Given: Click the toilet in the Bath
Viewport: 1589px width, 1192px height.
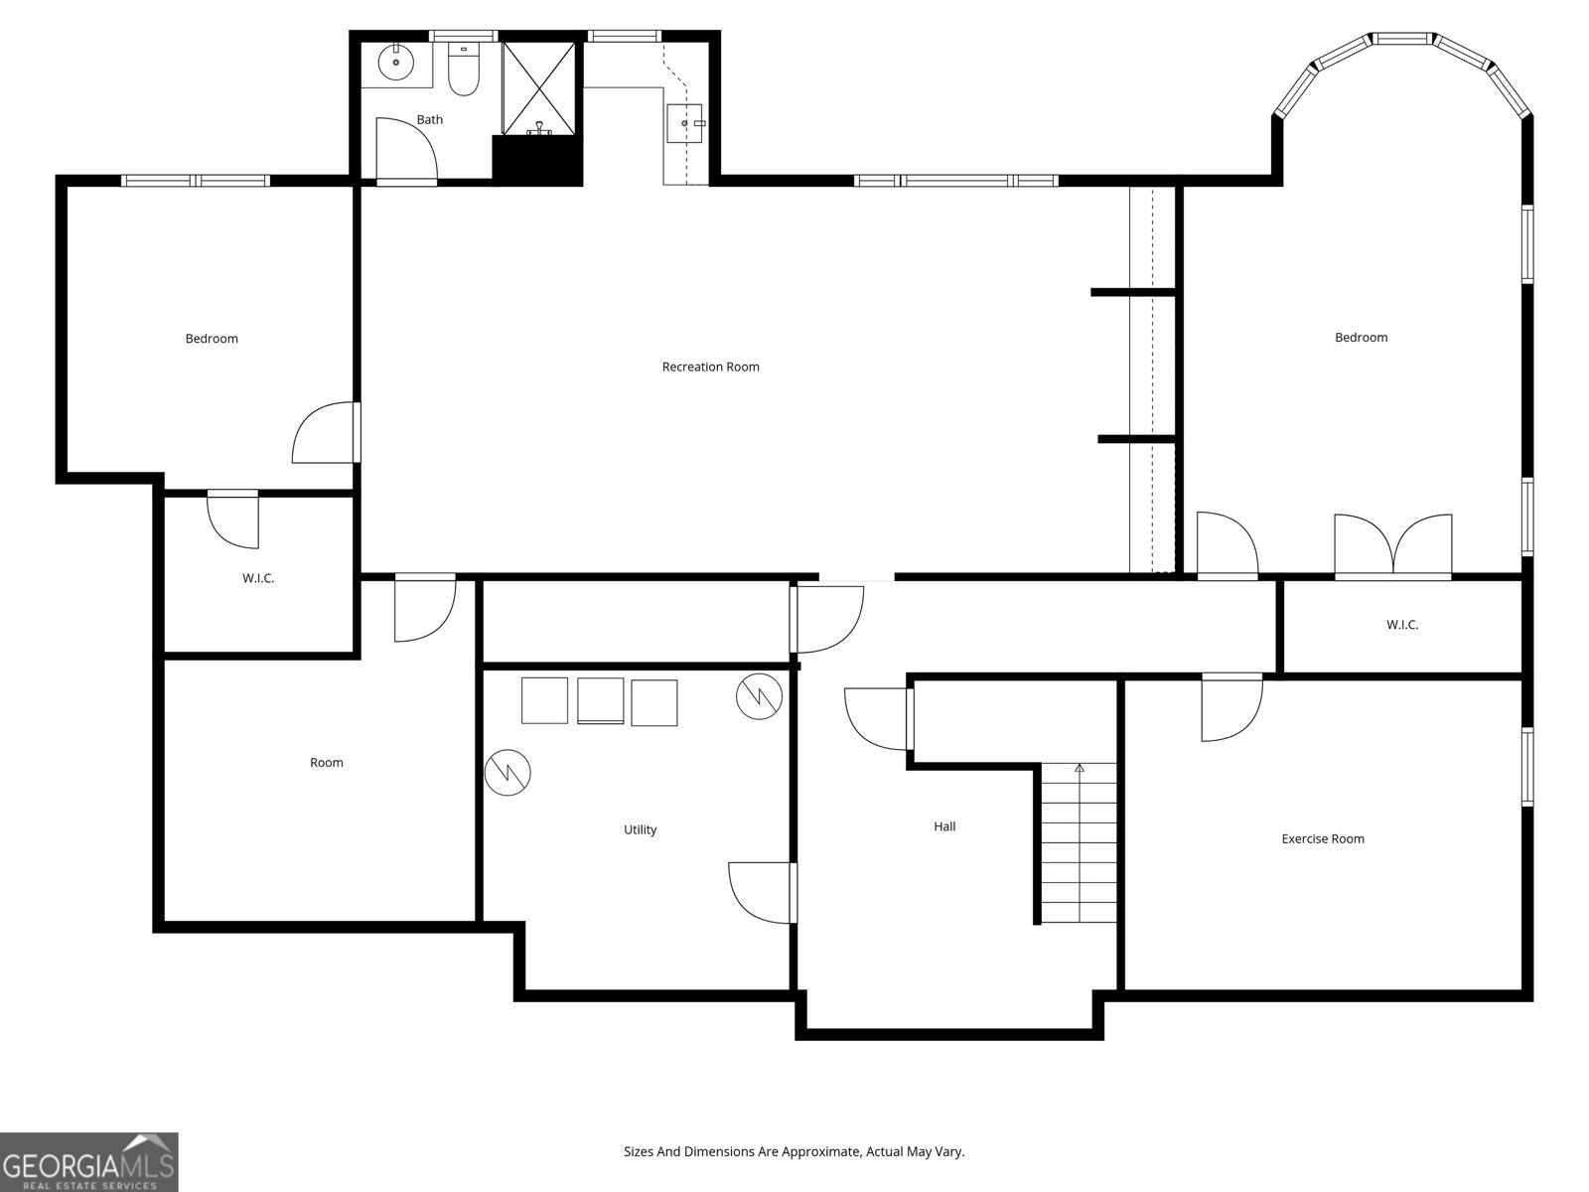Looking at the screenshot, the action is coord(464,71).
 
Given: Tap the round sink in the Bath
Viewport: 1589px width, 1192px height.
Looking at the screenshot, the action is coord(396,61).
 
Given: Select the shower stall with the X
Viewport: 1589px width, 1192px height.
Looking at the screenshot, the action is coord(538,88).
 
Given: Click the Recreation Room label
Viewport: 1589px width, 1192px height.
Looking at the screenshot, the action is coord(710,367).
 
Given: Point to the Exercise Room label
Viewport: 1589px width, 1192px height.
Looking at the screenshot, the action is coord(1323,838).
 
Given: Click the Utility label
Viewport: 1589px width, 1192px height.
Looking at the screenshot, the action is coord(640,829).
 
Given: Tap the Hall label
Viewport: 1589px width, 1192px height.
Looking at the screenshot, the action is coord(944,826).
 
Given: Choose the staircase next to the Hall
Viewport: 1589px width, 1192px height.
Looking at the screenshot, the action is coord(1079,842).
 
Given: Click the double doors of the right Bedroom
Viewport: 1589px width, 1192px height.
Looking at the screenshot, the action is coord(1392,546).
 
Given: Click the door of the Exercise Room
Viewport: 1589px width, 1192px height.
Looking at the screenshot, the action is coord(1231,707).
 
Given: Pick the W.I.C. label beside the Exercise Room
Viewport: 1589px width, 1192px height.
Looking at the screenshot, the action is coord(1402,625).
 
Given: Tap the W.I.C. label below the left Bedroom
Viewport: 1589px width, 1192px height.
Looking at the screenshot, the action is coord(257,578).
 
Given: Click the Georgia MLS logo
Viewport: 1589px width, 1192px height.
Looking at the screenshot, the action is coord(89,1161).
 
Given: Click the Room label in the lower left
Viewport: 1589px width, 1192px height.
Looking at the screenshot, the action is coord(327,762).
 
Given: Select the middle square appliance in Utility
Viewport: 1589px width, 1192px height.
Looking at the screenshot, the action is coord(600,700).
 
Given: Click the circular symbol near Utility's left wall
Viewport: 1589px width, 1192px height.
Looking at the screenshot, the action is coord(507,772).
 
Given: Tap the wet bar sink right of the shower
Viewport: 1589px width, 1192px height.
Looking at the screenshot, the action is coord(684,123).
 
